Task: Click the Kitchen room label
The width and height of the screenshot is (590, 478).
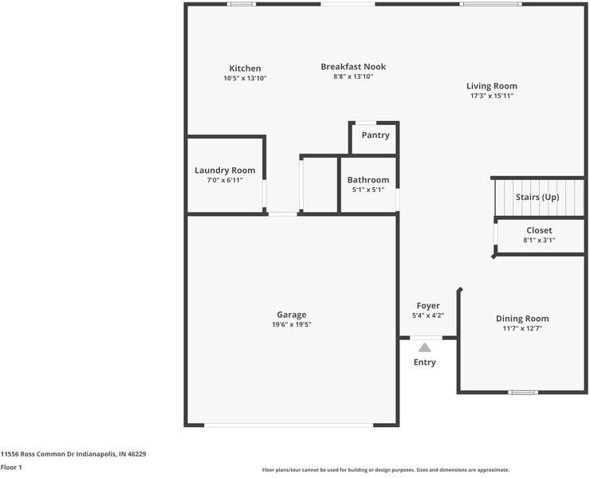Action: coord(245,69)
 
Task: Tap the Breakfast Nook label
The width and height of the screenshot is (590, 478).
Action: coord(353,67)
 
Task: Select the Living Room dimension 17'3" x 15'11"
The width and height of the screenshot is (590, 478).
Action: coord(491,96)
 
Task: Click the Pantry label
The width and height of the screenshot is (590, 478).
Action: coord(376,135)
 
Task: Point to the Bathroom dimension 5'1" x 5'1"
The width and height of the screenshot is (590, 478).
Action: coord(368,190)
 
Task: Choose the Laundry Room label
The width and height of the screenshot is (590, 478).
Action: coord(225,170)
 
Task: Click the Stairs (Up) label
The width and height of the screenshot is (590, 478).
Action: coord(537,197)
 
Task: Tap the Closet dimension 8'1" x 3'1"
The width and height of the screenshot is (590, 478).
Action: coord(539,240)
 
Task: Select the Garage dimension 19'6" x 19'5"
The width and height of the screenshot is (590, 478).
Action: coord(292,324)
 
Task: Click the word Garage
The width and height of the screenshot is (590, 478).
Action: coord(292,315)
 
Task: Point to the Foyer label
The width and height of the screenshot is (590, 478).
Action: coord(428,306)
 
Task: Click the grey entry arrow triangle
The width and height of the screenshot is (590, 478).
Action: coord(425,347)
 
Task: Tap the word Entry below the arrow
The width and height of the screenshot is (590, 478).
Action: coord(425,362)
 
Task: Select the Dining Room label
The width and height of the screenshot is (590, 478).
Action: coord(522,319)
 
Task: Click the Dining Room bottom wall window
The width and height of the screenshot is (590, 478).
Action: coord(523,392)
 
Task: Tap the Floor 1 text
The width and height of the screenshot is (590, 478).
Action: coord(12,467)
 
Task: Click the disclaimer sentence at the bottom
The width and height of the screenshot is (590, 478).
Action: coord(386,470)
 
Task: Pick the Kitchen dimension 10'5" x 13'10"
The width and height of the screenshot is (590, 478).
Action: coord(245,78)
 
